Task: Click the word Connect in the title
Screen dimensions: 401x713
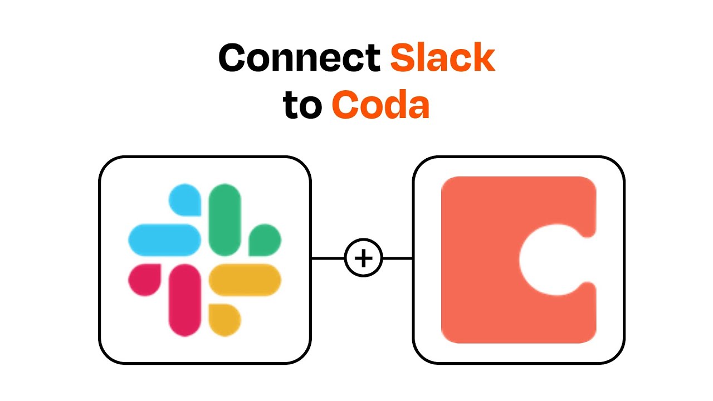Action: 299,57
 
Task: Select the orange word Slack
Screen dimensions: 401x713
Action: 442,57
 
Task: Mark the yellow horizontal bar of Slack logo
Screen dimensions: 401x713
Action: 245,280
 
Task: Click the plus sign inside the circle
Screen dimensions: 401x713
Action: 364,258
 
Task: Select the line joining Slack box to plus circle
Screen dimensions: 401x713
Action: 328,258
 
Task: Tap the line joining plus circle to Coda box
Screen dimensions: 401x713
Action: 398,258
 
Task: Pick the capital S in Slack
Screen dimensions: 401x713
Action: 403,57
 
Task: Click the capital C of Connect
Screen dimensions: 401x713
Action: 232,57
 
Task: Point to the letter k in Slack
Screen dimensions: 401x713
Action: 484,57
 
